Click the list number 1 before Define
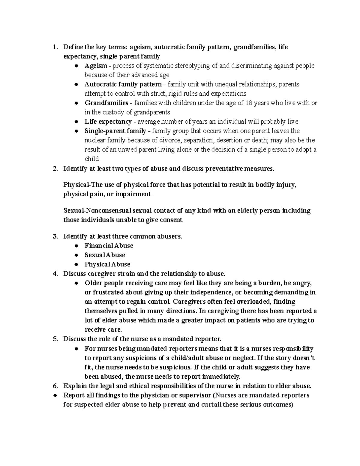[x=54, y=47]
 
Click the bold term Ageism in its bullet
[x=96, y=66]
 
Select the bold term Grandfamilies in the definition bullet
[x=106, y=103]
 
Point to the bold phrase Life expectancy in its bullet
[x=108, y=122]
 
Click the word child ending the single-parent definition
[x=91, y=159]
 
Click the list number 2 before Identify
[x=54, y=169]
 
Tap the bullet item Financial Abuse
[x=109, y=246]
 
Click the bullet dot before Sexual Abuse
[x=77, y=255]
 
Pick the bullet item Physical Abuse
[x=107, y=264]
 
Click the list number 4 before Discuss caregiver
[x=54, y=274]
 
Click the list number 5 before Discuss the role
[x=54, y=339]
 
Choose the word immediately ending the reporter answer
[x=222, y=377]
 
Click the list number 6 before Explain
[x=54, y=386]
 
